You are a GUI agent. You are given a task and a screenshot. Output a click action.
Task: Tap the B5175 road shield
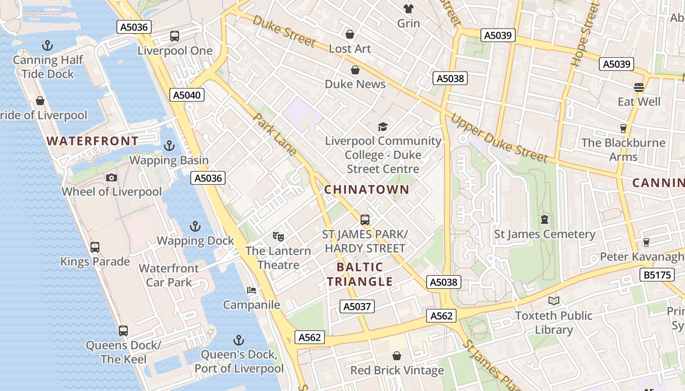[657, 275]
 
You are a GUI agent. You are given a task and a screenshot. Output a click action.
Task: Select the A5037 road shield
[357, 306]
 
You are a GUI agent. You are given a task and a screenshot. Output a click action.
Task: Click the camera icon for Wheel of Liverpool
[112, 177]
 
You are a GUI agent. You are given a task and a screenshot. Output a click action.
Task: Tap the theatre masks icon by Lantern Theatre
[278, 237]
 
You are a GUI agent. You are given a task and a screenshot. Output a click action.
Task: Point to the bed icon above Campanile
[251, 290]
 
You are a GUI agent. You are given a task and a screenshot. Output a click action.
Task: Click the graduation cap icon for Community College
[383, 127]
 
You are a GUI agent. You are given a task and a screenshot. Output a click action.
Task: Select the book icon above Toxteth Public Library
[553, 301]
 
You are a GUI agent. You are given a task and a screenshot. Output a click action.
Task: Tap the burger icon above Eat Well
[639, 87]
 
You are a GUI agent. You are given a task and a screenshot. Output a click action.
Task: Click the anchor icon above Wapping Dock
[195, 226]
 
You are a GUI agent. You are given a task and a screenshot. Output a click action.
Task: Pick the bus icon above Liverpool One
[175, 36]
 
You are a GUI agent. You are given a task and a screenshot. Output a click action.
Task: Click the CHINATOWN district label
[366, 190]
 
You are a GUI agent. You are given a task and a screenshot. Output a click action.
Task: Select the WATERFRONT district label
[92, 141]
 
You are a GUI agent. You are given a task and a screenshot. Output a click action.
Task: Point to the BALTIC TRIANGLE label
[360, 274]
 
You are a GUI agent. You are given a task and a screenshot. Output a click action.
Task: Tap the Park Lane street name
[275, 135]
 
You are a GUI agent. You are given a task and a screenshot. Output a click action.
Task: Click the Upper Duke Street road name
[499, 138]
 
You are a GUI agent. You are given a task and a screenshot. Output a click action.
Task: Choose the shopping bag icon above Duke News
[355, 70]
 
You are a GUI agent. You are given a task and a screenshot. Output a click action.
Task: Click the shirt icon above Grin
[408, 8]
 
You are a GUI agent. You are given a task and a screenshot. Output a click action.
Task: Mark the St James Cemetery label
[545, 234]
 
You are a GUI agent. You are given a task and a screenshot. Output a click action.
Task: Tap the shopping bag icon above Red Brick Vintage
[397, 356]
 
